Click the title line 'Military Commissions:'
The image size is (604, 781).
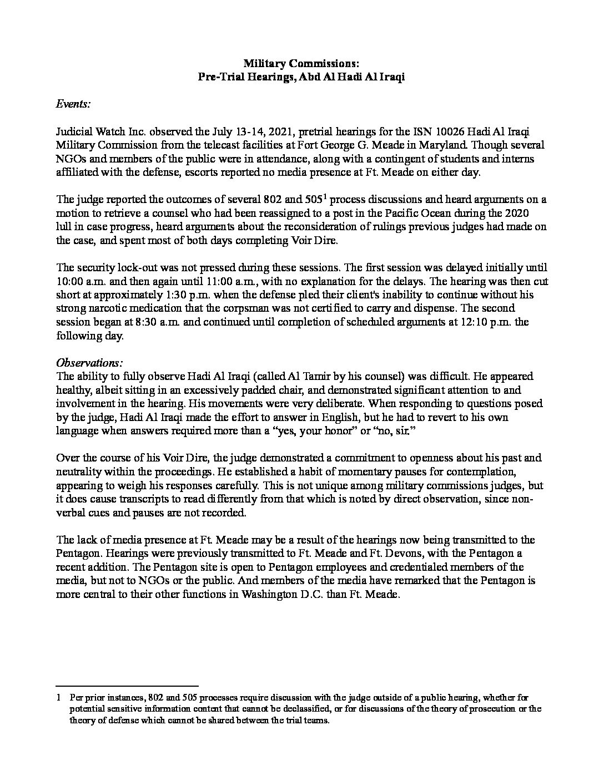coord(301,64)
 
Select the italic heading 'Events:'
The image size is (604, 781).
coord(74,104)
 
